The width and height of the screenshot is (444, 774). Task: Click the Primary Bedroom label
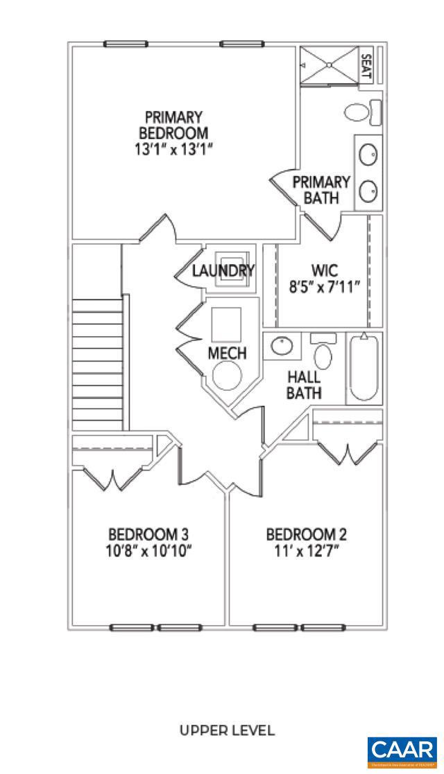pyautogui.click(x=173, y=125)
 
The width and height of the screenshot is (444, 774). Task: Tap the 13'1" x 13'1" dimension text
pyautogui.click(x=173, y=149)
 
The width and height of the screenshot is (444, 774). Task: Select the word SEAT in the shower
pyautogui.click(x=367, y=66)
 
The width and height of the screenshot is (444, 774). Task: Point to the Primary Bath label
pyautogui.click(x=321, y=190)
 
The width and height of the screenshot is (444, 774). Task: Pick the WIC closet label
pyautogui.click(x=324, y=270)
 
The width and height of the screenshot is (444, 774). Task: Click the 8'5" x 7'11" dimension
pyautogui.click(x=324, y=287)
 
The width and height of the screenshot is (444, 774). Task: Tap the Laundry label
pyautogui.click(x=223, y=271)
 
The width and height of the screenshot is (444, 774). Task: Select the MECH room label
pyautogui.click(x=227, y=353)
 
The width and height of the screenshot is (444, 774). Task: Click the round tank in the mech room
pyautogui.click(x=227, y=378)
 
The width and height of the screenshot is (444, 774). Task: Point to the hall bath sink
pyautogui.click(x=282, y=345)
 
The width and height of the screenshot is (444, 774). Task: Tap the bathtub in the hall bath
pyautogui.click(x=364, y=368)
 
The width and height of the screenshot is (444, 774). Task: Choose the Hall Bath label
pyautogui.click(x=304, y=385)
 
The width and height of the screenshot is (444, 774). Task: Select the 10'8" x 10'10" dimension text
pyautogui.click(x=148, y=551)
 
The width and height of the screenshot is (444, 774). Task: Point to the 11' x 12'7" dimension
pyautogui.click(x=307, y=551)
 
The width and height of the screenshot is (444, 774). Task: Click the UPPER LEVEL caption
pyautogui.click(x=227, y=730)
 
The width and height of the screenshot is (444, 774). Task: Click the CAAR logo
pyautogui.click(x=402, y=751)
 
